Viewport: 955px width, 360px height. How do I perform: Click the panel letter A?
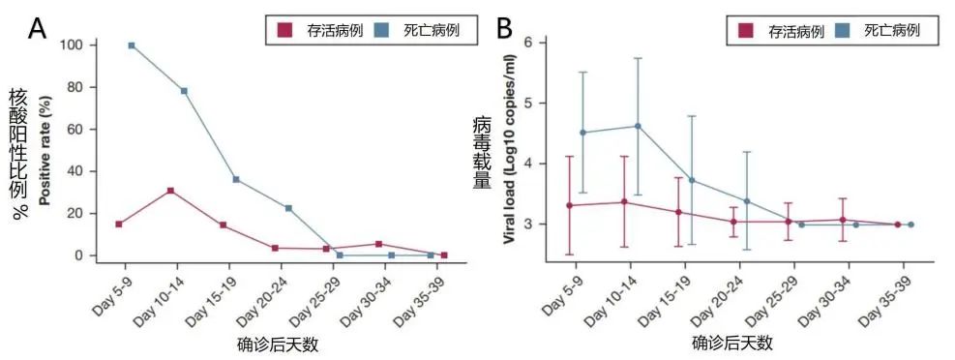tap(38, 29)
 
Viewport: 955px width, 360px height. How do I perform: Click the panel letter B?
tap(503, 29)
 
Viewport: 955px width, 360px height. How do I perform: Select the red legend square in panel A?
tap(284, 30)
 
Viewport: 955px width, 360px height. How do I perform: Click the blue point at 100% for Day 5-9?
tap(132, 45)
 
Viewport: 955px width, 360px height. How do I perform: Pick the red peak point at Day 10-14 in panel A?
tap(170, 191)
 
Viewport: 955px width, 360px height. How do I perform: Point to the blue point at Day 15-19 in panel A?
tap(236, 179)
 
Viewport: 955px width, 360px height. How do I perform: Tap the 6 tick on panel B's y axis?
tap(528, 43)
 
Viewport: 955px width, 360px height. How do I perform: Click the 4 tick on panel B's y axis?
tap(528, 164)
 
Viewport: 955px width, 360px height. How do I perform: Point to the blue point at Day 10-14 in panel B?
tap(638, 126)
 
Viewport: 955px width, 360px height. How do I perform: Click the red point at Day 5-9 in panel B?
tap(569, 205)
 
